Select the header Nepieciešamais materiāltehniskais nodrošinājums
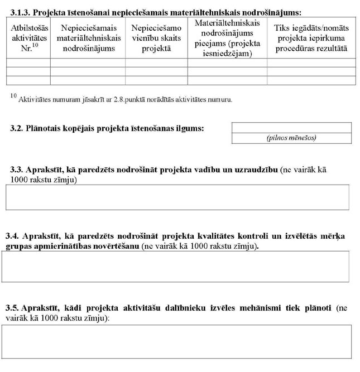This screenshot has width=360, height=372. click(x=88, y=37)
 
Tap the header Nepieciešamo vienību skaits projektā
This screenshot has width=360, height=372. click(x=156, y=37)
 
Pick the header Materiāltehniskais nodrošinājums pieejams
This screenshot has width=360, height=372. click(x=227, y=38)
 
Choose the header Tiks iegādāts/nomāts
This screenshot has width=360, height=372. click(x=310, y=37)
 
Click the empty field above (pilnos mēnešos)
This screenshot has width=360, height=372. click(x=291, y=128)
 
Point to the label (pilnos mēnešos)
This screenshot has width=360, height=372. click(x=291, y=138)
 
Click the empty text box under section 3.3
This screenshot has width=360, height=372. click(x=177, y=197)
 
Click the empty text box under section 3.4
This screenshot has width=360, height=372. click(x=176, y=267)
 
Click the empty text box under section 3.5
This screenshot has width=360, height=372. click(x=177, y=341)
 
